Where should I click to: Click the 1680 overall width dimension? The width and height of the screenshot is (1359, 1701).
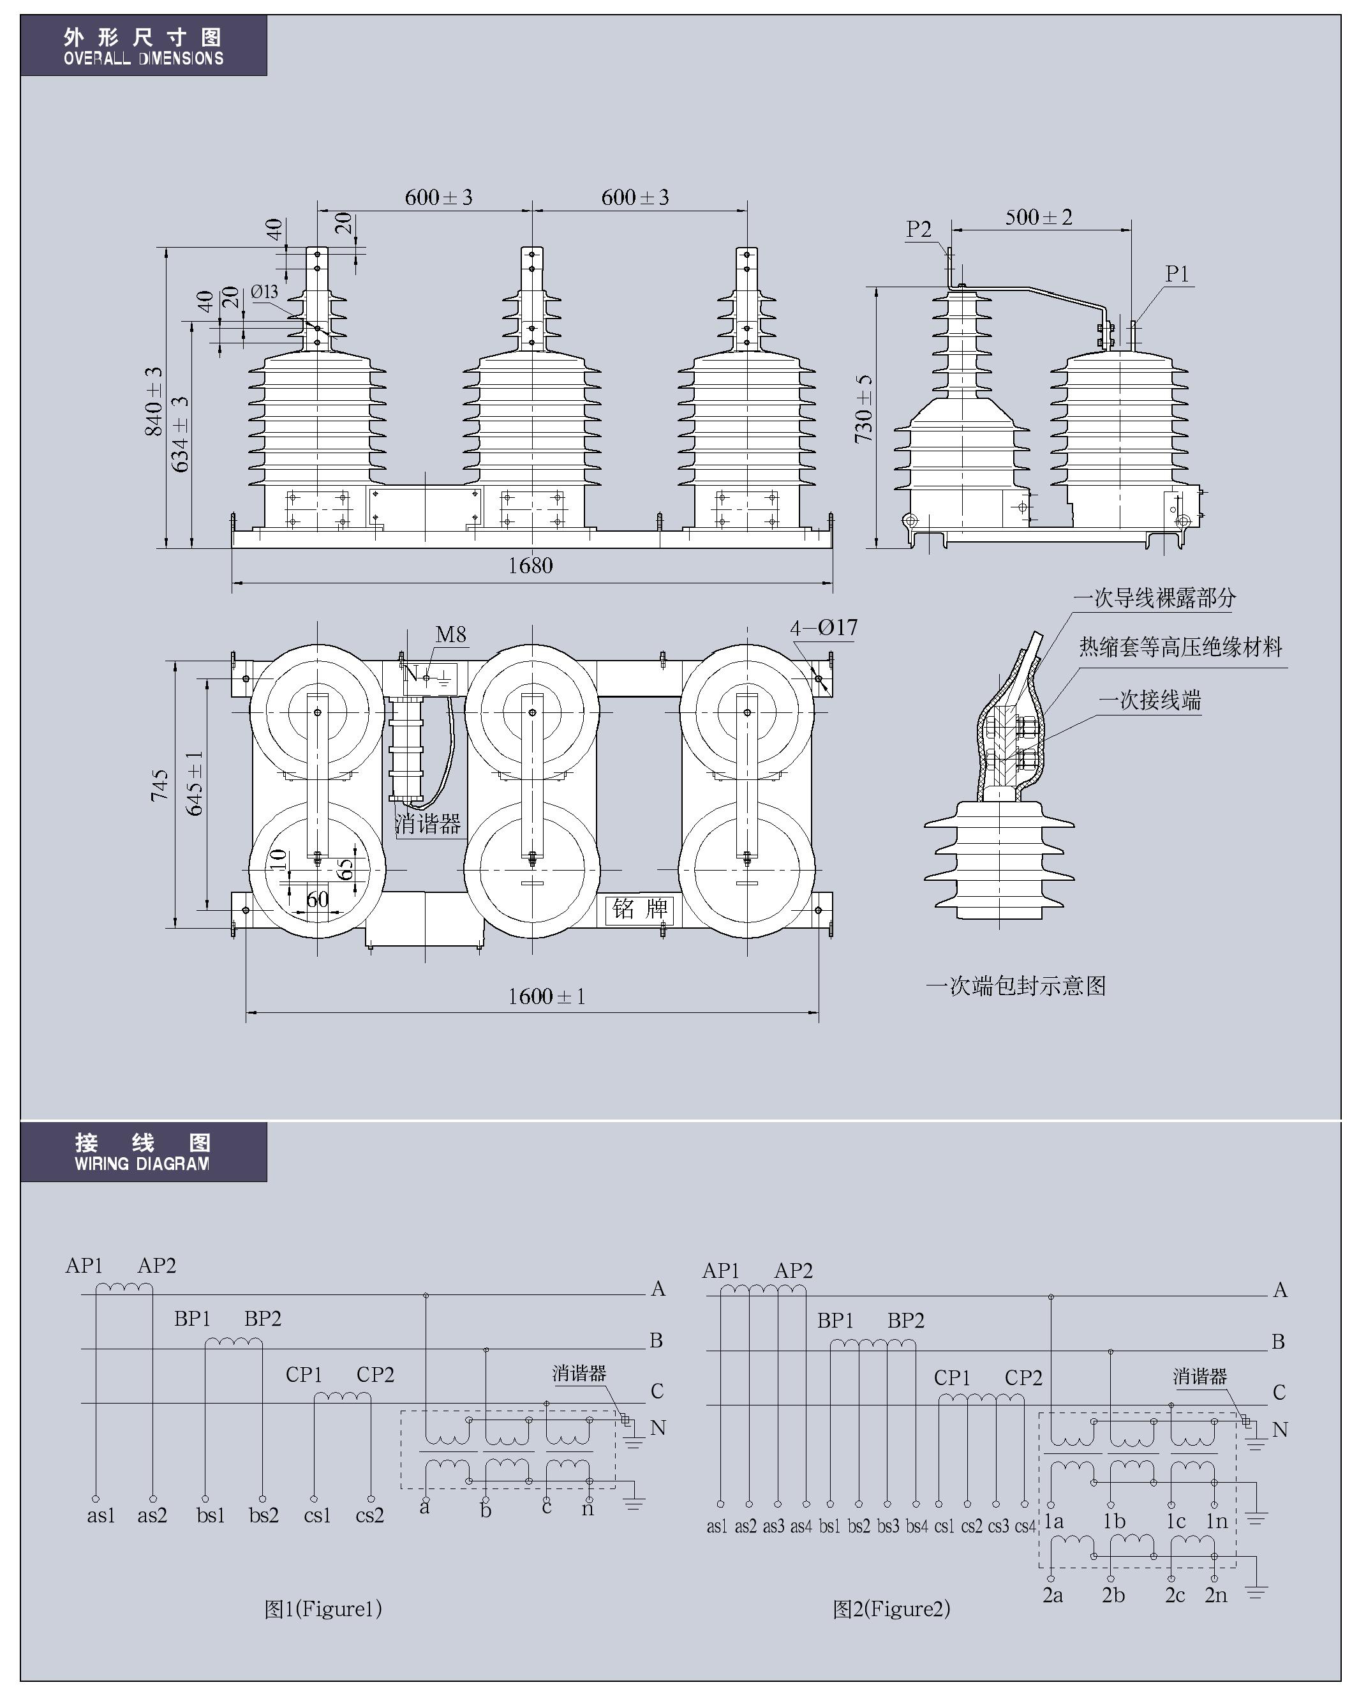[530, 565]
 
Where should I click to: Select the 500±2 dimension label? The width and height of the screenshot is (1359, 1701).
[1038, 217]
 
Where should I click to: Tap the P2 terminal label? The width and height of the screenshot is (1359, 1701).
[919, 229]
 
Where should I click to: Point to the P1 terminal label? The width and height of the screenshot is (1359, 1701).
[1177, 274]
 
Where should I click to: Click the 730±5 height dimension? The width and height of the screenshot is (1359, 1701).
[865, 408]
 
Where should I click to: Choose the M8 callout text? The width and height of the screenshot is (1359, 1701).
[450, 634]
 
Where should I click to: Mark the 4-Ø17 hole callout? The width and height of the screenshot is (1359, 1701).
[824, 627]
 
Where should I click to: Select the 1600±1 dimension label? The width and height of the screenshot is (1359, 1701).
[546, 996]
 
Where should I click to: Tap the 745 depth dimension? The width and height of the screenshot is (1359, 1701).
[160, 785]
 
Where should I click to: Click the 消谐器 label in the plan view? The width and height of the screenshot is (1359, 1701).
[427, 825]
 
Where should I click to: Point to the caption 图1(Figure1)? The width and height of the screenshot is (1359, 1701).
[323, 1608]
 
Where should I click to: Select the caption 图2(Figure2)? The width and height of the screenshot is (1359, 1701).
[891, 1608]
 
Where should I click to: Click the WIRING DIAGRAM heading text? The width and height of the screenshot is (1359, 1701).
[142, 1163]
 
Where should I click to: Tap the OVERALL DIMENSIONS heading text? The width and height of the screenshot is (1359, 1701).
[144, 58]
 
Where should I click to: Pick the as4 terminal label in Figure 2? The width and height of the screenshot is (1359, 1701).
[801, 1526]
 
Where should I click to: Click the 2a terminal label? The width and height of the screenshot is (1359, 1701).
[1052, 1594]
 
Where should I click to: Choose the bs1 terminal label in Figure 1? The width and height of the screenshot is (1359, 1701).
[211, 1515]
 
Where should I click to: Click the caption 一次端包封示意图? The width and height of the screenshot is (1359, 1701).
[1015, 985]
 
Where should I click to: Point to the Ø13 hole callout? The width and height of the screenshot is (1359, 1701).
[265, 292]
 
